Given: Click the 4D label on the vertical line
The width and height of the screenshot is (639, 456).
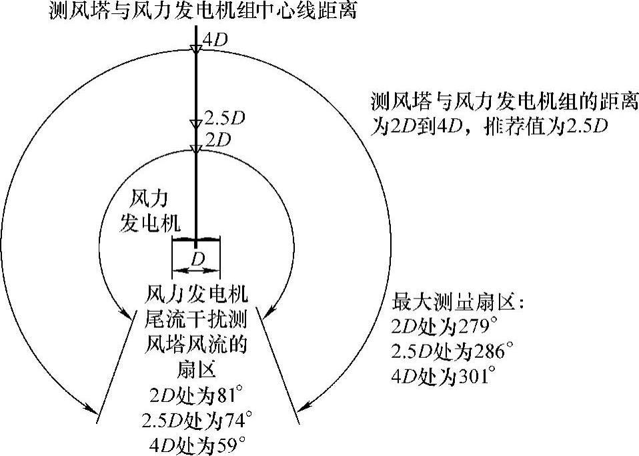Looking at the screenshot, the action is (x=215, y=39).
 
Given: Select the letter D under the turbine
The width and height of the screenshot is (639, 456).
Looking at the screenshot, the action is (x=196, y=258).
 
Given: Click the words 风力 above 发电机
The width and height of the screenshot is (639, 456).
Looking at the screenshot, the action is (x=145, y=198).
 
